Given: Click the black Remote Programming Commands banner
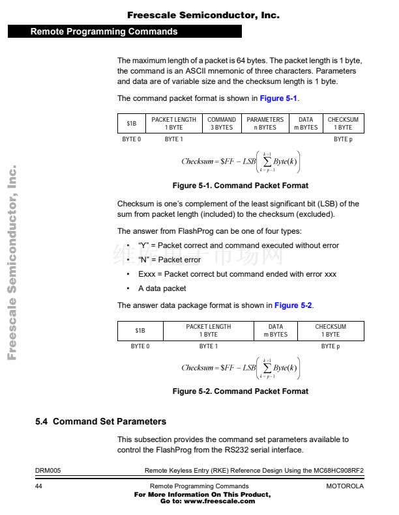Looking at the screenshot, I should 124,31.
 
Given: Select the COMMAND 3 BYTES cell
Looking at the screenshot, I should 222,124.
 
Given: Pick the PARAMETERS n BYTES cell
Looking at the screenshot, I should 265,124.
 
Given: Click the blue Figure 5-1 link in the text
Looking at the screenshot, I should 278,98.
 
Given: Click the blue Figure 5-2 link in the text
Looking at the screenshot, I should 293,305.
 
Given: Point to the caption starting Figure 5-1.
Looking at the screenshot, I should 240,186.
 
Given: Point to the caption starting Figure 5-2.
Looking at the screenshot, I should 240,391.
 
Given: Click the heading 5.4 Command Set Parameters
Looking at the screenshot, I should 100,422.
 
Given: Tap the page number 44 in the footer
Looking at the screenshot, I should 39,486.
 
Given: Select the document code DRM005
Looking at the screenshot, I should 48,469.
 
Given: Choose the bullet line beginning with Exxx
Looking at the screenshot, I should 237,274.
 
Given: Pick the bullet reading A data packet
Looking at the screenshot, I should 162,288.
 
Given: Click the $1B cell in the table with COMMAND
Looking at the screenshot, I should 132,124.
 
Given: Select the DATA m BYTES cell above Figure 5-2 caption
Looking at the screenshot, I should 276,331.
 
